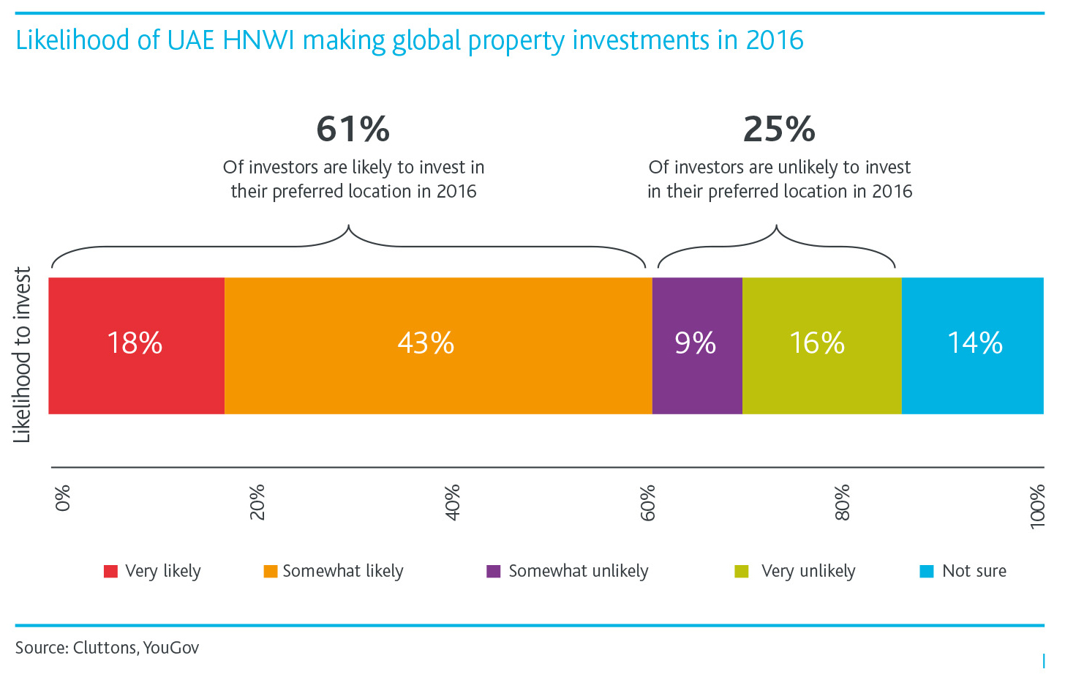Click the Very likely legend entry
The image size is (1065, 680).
click(x=153, y=571)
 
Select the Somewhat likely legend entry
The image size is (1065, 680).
click(x=334, y=571)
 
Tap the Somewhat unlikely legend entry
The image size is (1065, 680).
click(x=568, y=571)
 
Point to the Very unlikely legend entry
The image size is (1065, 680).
click(x=796, y=571)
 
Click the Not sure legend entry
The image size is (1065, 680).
click(x=963, y=571)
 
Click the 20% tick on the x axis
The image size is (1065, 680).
click(x=257, y=501)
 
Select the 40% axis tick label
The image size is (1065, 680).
click(x=453, y=501)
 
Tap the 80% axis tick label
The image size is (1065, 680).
click(x=843, y=501)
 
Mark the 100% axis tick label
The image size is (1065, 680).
click(x=1037, y=505)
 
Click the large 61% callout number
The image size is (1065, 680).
click(x=353, y=130)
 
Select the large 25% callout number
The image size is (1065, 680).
click(x=779, y=130)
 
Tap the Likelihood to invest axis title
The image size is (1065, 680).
click(x=23, y=354)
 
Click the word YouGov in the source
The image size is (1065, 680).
click(x=171, y=648)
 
